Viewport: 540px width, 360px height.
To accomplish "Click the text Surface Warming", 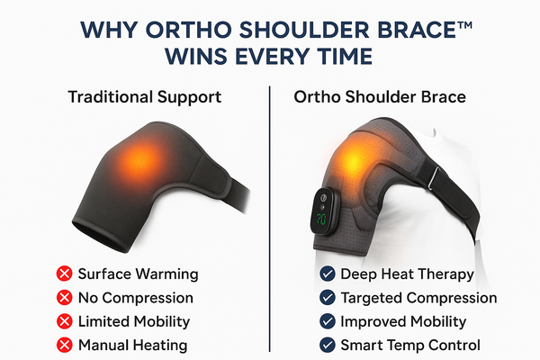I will [138, 274].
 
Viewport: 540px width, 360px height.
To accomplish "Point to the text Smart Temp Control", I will [410, 345].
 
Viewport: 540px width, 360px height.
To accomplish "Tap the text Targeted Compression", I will [418, 298].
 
